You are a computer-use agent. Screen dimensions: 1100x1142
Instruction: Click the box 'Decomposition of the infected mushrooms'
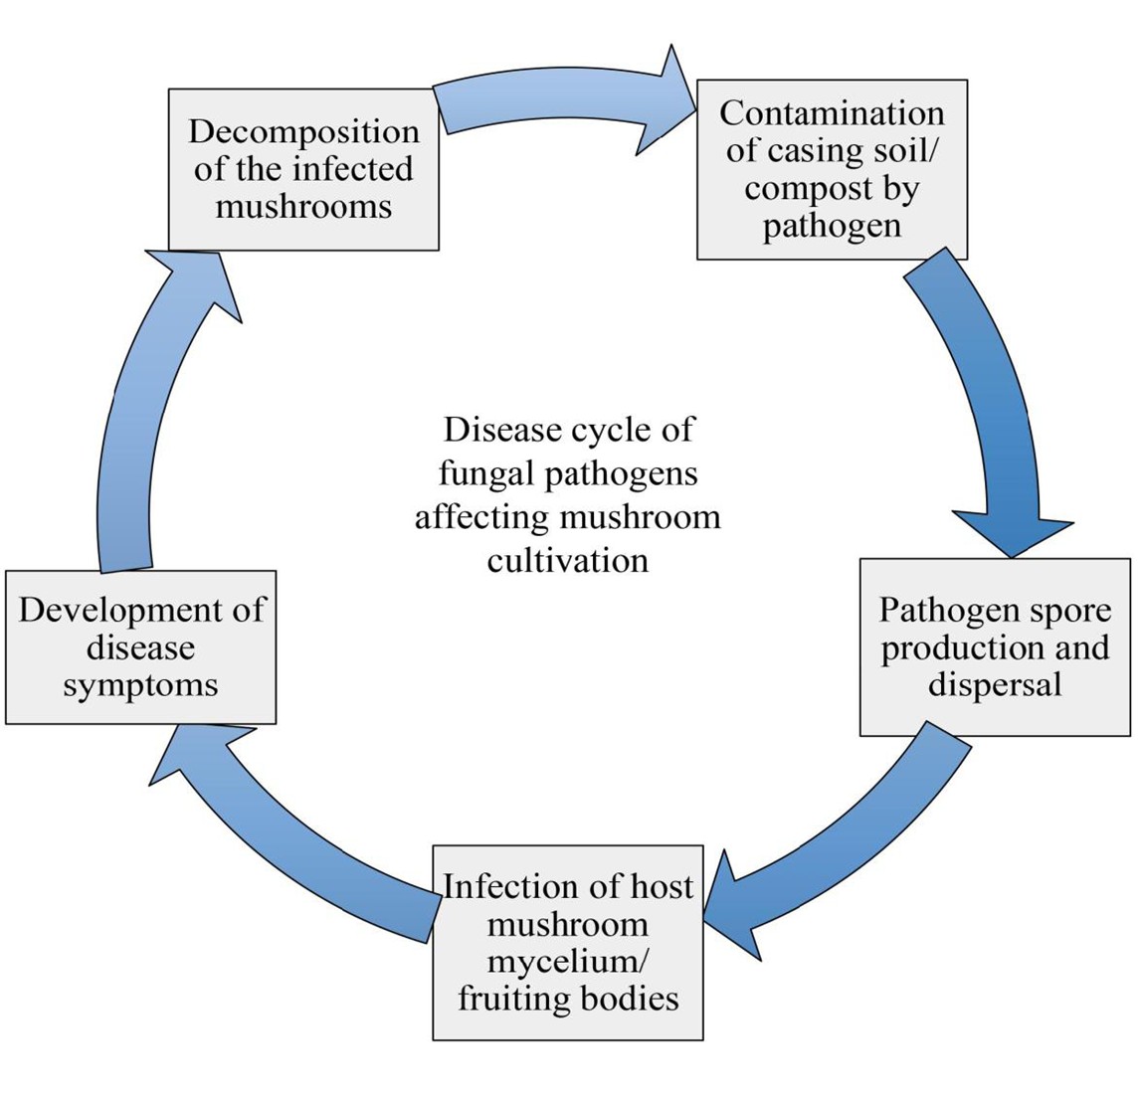tap(303, 169)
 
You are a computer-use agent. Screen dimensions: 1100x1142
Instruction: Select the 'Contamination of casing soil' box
tap(832, 169)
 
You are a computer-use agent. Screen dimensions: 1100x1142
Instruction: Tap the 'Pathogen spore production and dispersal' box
tap(995, 646)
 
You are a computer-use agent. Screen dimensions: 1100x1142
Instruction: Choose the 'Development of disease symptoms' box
tap(140, 646)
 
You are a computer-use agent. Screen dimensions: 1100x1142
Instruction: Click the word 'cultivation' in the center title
tap(568, 560)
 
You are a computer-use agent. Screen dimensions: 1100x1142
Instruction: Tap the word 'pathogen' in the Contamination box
tap(832, 226)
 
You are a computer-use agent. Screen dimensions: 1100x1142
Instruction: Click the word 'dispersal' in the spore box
tap(995, 685)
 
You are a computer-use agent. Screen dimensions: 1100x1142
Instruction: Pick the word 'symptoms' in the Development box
tap(140, 685)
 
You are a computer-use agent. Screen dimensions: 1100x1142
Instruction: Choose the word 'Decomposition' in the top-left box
tap(303, 131)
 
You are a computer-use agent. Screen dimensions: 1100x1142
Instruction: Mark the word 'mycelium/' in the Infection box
tap(568, 962)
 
